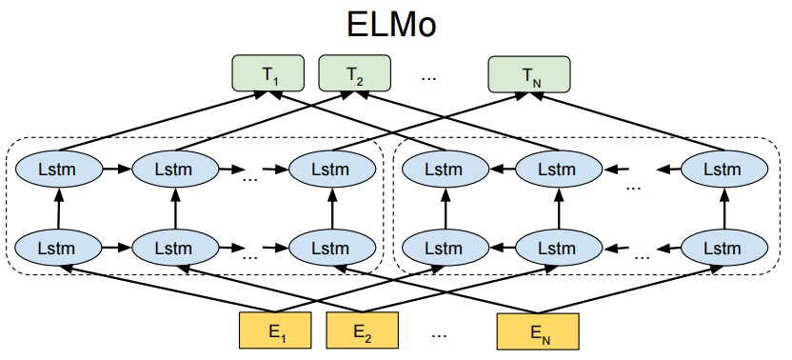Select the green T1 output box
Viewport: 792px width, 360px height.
coord(268,73)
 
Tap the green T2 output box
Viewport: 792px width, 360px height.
coord(353,73)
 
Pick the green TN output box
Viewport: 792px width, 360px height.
coord(528,73)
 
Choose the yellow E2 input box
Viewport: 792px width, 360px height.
coord(361,332)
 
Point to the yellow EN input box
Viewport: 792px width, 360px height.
coord(537,332)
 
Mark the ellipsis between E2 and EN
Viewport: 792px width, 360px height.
coord(439,334)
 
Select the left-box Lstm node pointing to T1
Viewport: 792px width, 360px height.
coord(58,170)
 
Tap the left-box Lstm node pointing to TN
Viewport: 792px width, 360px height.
coord(332,170)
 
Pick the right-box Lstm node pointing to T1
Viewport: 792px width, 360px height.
coord(444,170)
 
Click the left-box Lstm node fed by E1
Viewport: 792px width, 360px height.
coord(58,247)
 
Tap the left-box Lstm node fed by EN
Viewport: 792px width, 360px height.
coord(332,247)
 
